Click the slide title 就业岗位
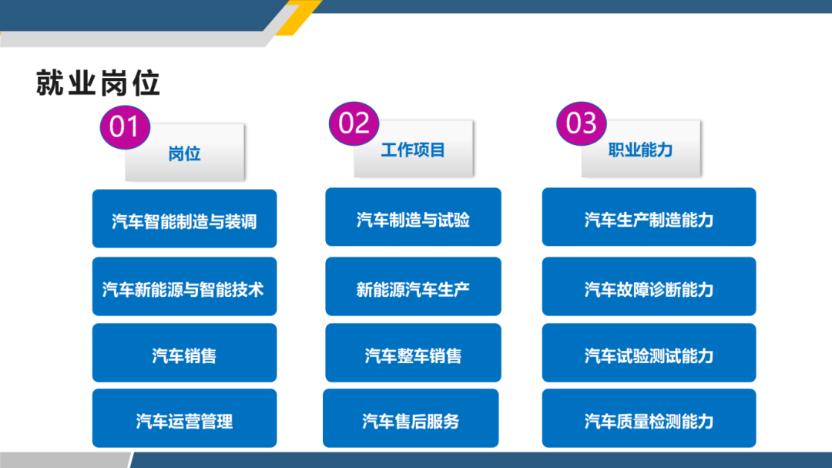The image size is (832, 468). point(98,82)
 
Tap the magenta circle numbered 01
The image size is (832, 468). point(124,126)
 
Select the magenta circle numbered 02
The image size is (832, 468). point(354,123)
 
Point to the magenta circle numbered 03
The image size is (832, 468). point(582,123)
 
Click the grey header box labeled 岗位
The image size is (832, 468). point(185,153)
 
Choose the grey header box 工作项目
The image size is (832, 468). point(413,150)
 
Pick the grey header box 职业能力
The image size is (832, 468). point(641,150)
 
